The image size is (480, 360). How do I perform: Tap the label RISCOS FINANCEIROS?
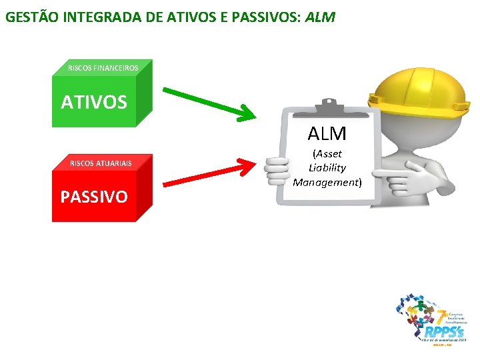[103, 68]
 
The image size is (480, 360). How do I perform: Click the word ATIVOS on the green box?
[93, 102]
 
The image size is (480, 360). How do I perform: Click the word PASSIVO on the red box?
[94, 197]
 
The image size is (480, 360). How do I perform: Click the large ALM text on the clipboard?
[327, 133]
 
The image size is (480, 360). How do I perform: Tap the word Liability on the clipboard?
[327, 167]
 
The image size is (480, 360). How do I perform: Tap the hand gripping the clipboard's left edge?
[275, 170]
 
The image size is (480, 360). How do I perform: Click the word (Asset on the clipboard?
[327, 154]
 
